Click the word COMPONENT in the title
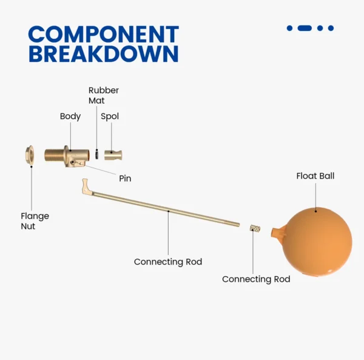pos(104,34)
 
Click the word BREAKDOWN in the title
pos(104,53)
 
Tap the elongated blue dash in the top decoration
pos(305,28)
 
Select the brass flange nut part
pos(30,155)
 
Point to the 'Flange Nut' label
pos(35,221)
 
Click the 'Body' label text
pos(70,116)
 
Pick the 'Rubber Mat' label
pos(104,95)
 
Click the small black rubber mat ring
pos(96,154)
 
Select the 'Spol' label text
pos(110,116)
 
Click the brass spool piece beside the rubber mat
pos(113,155)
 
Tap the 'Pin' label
pos(125,178)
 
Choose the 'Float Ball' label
pos(315,176)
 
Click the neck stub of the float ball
pos(278,233)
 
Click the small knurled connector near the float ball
pos(255,228)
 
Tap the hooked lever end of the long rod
pos(86,186)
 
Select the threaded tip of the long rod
pos(232,223)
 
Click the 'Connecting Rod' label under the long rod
pos(168,262)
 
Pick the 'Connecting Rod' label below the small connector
pos(256,279)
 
